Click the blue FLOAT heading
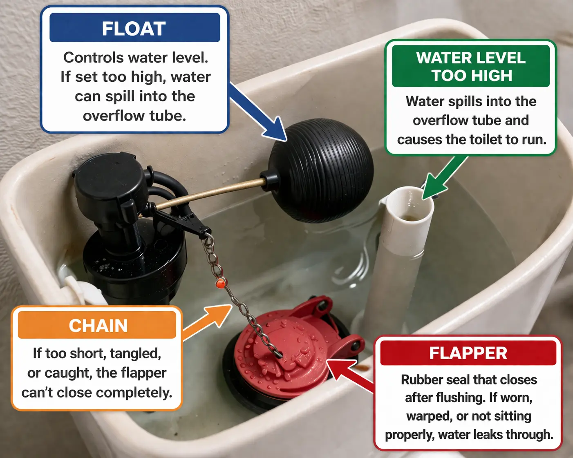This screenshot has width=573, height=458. point(134,28)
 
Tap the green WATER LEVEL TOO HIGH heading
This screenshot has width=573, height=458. point(471,67)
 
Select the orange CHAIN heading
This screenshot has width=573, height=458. point(98,326)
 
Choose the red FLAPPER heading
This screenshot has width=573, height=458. point(468,353)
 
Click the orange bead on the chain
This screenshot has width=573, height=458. point(220,283)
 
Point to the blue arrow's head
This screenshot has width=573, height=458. point(275,130)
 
